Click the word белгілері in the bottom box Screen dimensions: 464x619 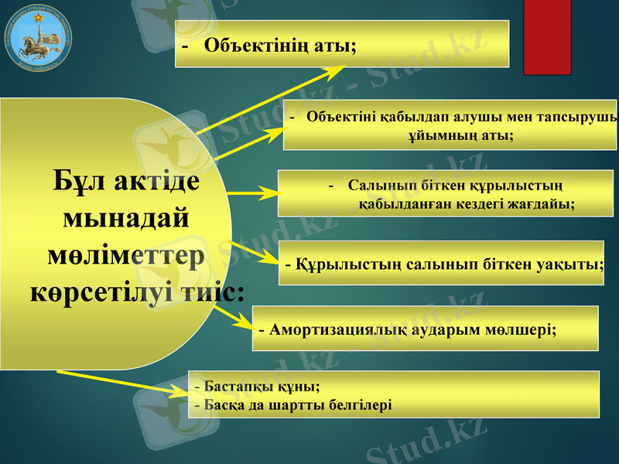(x=357, y=404)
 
